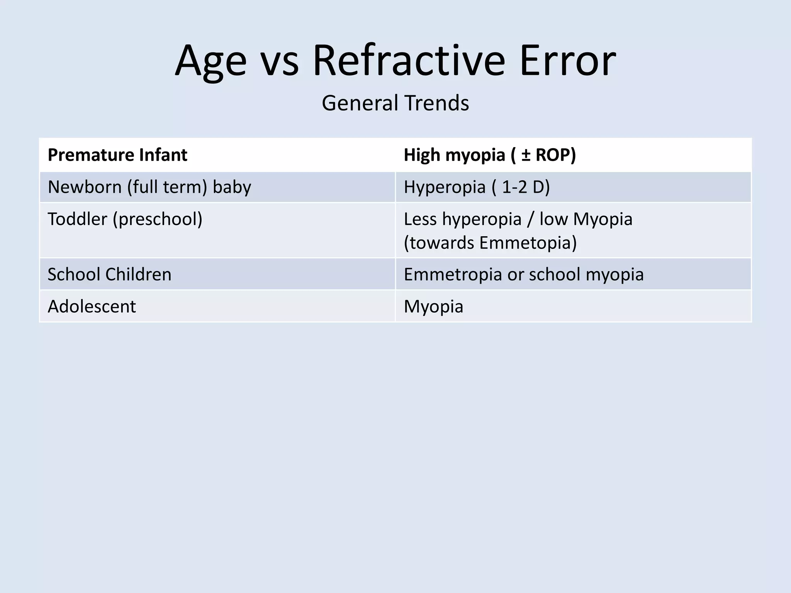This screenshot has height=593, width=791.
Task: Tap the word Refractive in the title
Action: pyautogui.click(x=409, y=61)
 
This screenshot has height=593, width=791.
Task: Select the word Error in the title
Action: pyautogui.click(x=567, y=61)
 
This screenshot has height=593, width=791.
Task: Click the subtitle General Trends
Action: pyautogui.click(x=395, y=103)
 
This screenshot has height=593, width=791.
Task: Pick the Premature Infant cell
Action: pyautogui.click(x=117, y=155)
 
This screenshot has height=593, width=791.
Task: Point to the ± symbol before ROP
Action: pyautogui.click(x=526, y=155)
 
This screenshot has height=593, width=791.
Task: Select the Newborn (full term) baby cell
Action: pyautogui.click(x=149, y=187)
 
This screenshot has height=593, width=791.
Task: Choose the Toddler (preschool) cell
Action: pyautogui.click(x=125, y=219)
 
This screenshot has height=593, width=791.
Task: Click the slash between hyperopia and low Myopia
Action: pyautogui.click(x=531, y=219)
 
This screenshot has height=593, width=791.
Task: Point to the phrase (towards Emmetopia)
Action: pyautogui.click(x=490, y=243)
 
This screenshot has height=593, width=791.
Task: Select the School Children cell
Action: pyautogui.click(x=109, y=274)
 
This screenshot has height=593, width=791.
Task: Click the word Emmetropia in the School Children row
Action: pyautogui.click(x=452, y=274)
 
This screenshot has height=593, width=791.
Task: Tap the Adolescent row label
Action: pyautogui.click(x=92, y=307)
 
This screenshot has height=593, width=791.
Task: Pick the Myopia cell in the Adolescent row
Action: pyautogui.click(x=433, y=307)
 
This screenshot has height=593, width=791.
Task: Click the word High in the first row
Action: pyautogui.click(x=422, y=155)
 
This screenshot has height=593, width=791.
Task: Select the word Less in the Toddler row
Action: pyautogui.click(x=420, y=219)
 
